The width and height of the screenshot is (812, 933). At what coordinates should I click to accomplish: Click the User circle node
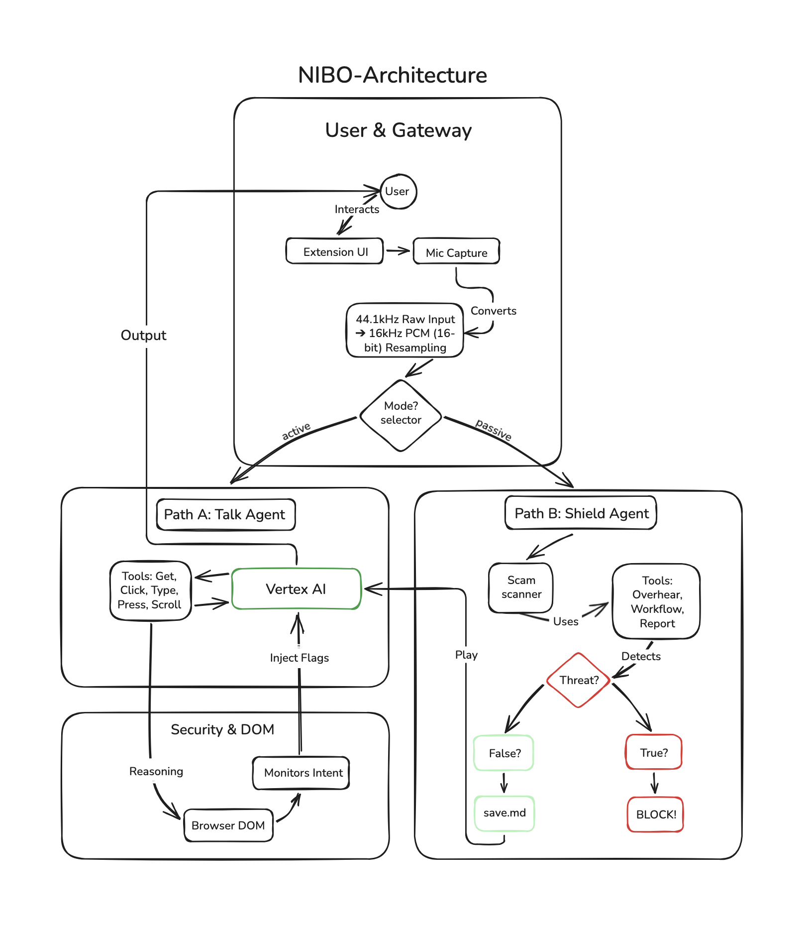(x=398, y=192)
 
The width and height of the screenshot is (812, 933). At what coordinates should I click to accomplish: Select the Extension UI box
(x=335, y=251)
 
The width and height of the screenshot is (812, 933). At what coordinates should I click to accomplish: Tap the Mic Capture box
(x=456, y=252)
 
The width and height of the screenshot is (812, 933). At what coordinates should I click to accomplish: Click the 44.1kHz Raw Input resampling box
(x=405, y=331)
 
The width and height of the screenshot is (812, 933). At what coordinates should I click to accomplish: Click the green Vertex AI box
(x=296, y=589)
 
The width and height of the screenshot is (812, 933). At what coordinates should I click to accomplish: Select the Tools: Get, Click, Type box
(x=150, y=590)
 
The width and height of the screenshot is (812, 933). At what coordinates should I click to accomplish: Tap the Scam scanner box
(x=521, y=587)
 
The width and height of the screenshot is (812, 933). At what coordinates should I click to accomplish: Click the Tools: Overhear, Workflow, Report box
(x=657, y=601)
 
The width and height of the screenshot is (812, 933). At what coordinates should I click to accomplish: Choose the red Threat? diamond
(x=579, y=680)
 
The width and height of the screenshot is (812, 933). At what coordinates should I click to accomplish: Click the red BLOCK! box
(x=655, y=815)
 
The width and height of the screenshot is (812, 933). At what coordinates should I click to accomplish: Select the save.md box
(x=504, y=813)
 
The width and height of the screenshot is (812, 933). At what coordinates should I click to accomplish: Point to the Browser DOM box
(x=228, y=825)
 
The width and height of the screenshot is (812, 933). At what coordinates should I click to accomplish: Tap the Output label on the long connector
(x=144, y=335)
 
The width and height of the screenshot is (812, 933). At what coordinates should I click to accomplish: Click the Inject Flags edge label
(x=299, y=658)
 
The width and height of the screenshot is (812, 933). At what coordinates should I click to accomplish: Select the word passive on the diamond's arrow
(x=493, y=429)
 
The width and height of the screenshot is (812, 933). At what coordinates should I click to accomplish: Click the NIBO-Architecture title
(x=393, y=75)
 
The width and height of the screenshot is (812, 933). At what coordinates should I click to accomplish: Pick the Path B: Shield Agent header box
(x=581, y=513)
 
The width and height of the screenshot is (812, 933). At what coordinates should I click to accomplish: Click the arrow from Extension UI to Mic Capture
(x=398, y=251)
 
